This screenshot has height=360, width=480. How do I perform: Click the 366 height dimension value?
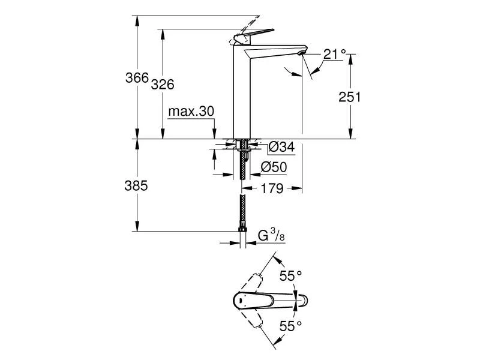point(136,78)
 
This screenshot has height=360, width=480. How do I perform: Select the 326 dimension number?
point(162,85)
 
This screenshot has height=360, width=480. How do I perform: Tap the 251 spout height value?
point(349,97)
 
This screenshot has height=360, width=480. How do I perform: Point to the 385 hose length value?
point(136,186)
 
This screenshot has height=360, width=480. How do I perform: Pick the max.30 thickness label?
point(191,112)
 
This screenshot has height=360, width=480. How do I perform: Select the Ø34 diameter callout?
point(281,146)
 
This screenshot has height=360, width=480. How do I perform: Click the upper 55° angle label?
point(291,275)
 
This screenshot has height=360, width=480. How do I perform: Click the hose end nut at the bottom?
point(242,230)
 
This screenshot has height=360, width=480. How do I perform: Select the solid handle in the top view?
point(255,299)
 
